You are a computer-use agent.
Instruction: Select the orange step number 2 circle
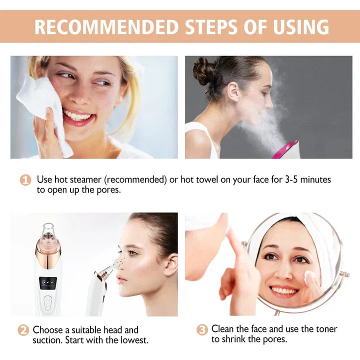(23, 330)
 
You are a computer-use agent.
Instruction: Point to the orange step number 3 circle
(202, 329)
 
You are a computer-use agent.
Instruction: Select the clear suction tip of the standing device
(48, 232)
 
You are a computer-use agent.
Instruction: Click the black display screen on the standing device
(48, 282)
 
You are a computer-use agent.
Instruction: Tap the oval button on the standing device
(48, 303)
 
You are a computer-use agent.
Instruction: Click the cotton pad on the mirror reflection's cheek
(309, 276)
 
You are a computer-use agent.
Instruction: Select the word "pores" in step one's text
(109, 190)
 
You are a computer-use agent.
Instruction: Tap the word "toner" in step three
(326, 329)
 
